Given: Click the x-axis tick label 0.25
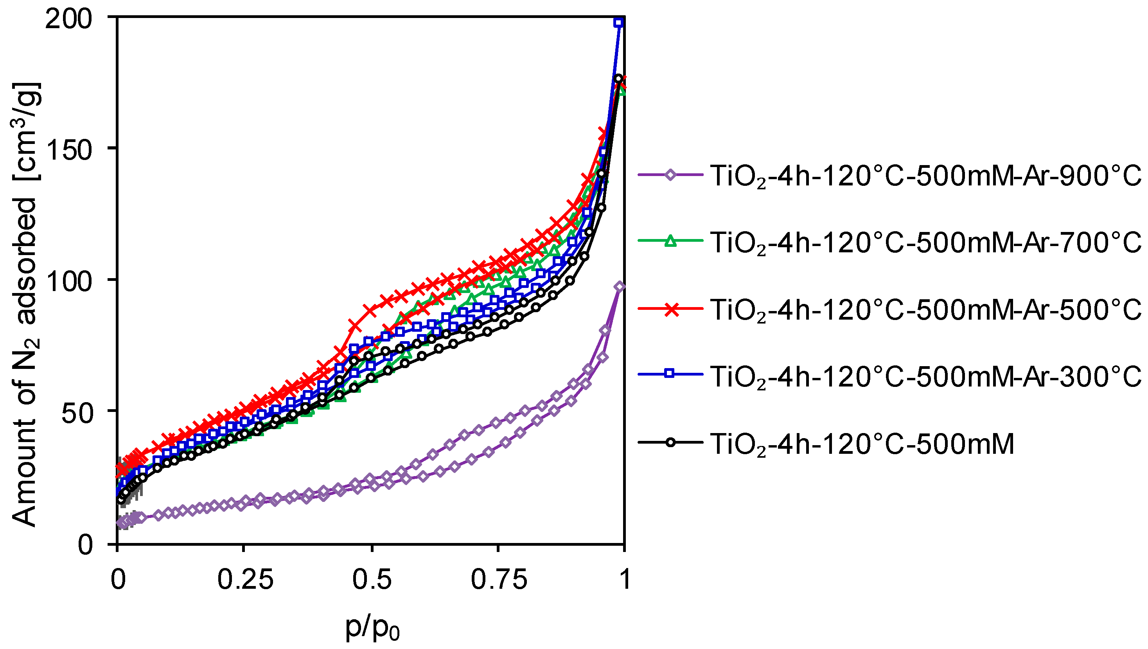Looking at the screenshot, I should coord(245,580).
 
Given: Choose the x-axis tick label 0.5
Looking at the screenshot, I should coord(372,580).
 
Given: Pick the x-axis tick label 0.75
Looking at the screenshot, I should coord(499,580).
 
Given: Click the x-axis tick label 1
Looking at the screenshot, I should coord(625,580).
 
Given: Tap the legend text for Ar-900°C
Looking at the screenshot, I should coord(925,176).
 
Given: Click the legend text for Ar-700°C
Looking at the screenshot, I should coord(925,243).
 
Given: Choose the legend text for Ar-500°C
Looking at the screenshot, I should coord(925,310).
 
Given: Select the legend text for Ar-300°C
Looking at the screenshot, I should coord(925,377).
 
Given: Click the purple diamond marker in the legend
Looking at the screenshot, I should coord(670,175).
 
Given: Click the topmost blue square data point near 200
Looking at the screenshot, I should coord(618,22).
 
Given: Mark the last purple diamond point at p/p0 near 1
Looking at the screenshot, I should coord(620,287).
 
